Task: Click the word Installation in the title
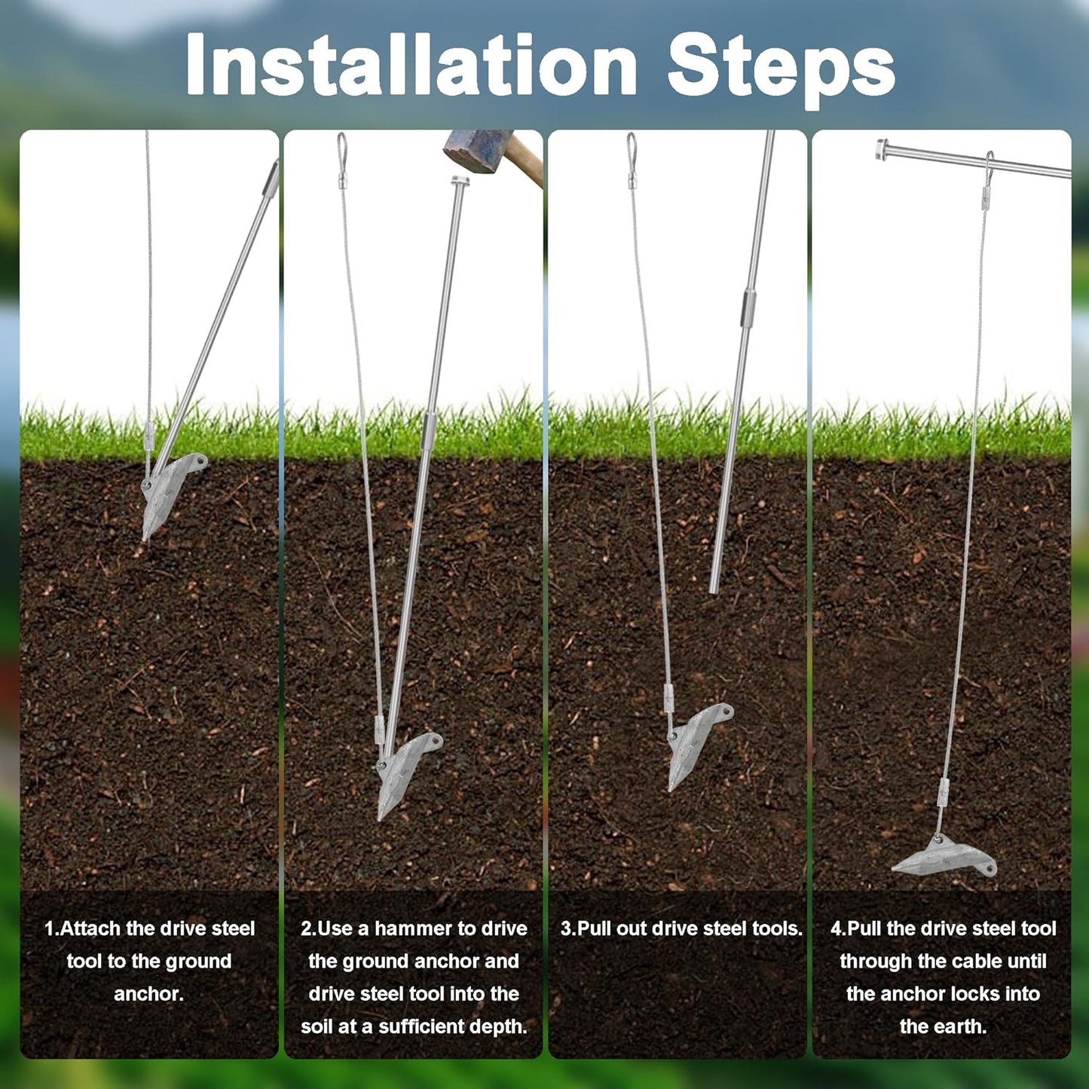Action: (411, 66)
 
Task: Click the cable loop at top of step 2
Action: (341, 147)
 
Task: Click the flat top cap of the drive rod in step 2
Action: (460, 180)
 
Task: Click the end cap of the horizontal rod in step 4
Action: (882, 148)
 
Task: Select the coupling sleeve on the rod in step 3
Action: (748, 307)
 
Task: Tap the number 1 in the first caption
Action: (49, 928)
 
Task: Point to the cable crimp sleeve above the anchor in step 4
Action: (944, 791)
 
